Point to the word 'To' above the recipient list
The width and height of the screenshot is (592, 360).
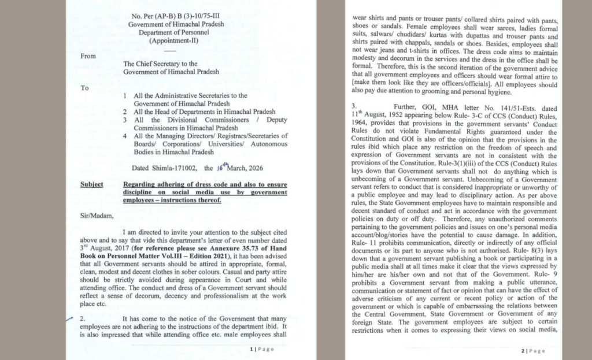pos(84,88)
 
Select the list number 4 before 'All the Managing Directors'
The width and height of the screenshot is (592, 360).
pos(125,135)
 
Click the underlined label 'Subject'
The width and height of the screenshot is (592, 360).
pos(92,184)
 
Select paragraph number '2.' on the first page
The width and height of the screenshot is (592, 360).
pos(82,318)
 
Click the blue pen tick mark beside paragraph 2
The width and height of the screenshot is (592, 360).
pos(70,318)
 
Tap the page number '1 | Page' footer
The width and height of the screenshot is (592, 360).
pos(262,350)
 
